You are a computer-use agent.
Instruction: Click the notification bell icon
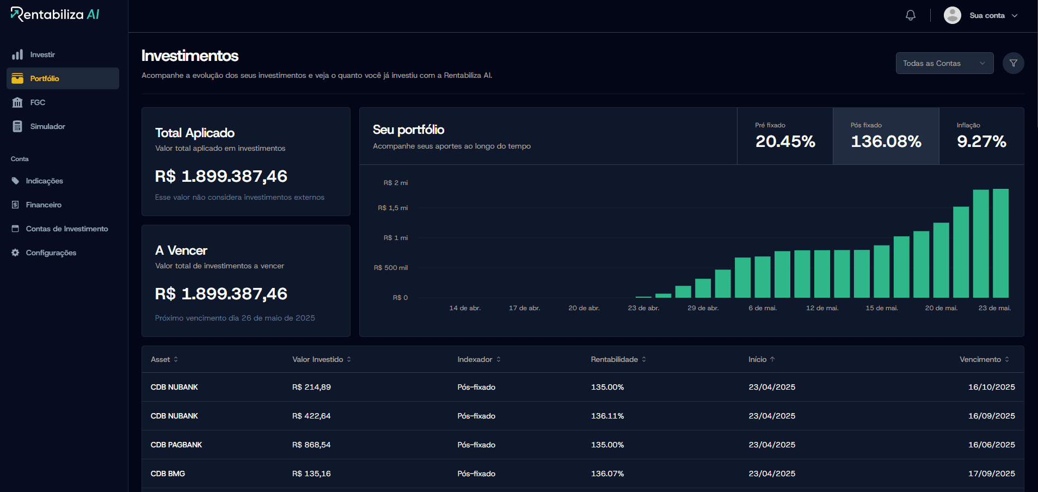910,15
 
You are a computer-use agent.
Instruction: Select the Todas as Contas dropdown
944,63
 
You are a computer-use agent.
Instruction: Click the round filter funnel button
1013,63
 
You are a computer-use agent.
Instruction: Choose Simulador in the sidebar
47,126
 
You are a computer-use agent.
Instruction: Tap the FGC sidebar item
38,102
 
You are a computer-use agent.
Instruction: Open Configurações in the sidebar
51,253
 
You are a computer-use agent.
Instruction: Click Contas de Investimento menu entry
66,229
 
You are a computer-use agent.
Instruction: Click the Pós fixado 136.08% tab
886,136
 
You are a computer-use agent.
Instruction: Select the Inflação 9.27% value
981,142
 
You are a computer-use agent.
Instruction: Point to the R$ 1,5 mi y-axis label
392,208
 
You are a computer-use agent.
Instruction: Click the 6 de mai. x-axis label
762,308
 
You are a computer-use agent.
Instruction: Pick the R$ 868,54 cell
311,445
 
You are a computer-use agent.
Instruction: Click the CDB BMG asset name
168,473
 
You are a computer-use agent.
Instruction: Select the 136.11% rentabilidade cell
607,416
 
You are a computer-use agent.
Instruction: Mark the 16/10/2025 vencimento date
991,387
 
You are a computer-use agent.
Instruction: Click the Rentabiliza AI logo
55,14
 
